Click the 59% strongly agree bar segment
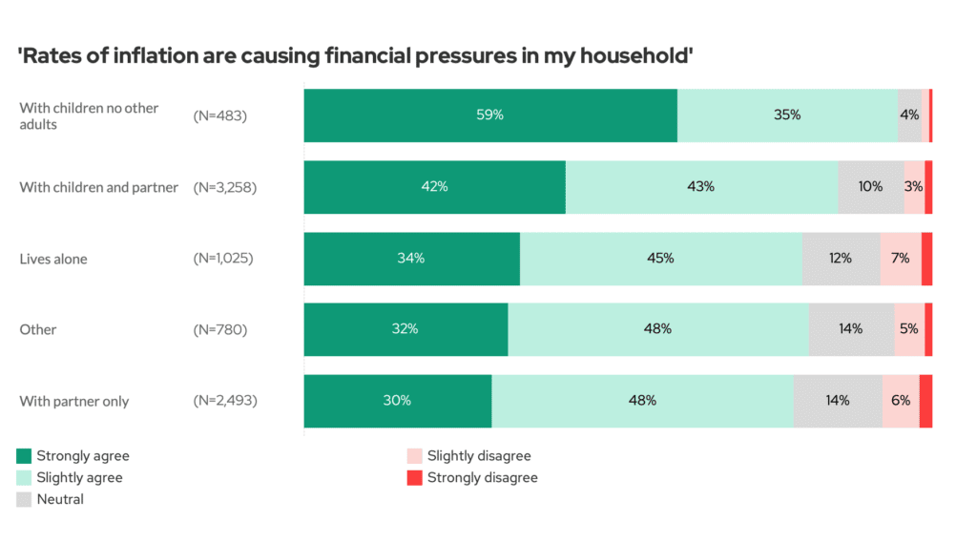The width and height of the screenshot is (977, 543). [x=490, y=115]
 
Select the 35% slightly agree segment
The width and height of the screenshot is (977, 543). [x=787, y=115]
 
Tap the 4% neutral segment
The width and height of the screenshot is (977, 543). [x=910, y=115]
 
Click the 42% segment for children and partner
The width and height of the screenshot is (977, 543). [x=434, y=187]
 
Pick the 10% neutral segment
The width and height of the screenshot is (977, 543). [x=870, y=187]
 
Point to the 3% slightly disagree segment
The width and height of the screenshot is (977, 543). [x=914, y=187]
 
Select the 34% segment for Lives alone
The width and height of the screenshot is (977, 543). [x=412, y=259]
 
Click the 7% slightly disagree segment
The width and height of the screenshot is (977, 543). [x=900, y=259]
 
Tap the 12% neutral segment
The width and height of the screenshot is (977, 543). [x=841, y=259]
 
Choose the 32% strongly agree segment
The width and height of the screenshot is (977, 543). [x=405, y=329]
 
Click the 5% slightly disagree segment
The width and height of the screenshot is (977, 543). [x=908, y=329]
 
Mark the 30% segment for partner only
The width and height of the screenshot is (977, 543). [x=398, y=401]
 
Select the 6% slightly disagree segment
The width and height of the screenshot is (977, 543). [x=900, y=401]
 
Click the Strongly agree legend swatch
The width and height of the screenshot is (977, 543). [x=25, y=456]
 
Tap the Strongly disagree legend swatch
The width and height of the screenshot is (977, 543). [x=414, y=478]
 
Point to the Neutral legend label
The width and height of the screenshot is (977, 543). [x=60, y=499]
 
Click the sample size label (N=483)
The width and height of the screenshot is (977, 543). [x=220, y=115]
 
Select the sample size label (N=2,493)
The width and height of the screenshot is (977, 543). [x=225, y=401]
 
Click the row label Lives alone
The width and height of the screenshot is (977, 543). [x=53, y=259]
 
